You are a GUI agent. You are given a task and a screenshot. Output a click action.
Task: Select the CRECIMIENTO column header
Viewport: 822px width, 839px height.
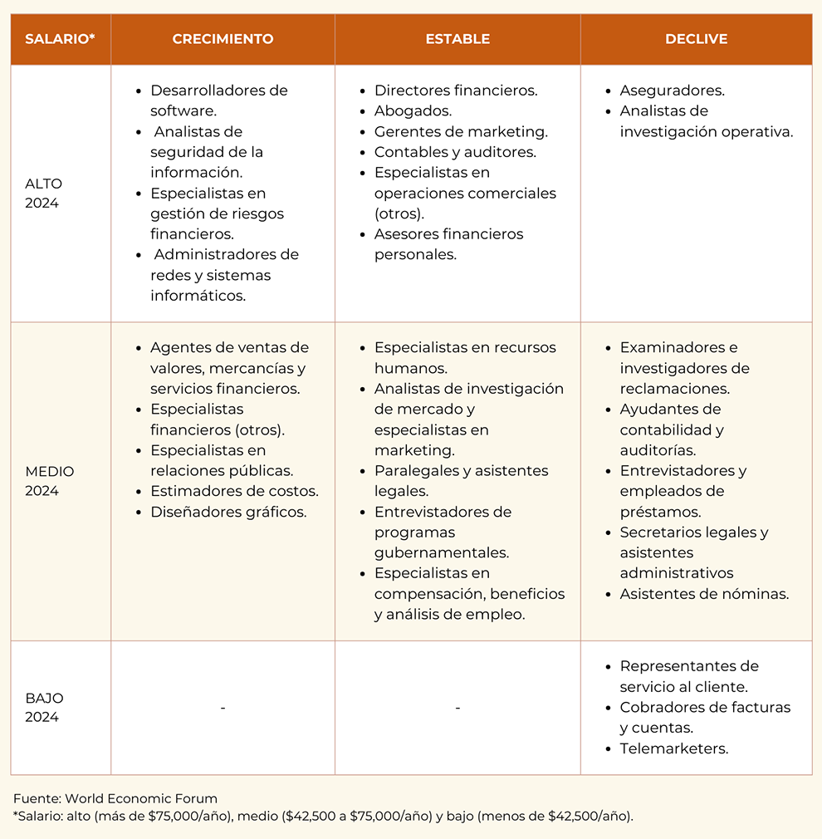pos(223,39)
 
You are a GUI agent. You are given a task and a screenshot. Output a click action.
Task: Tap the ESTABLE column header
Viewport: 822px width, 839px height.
pos(457,39)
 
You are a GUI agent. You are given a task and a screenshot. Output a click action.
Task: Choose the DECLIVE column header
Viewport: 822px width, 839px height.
pos(696,39)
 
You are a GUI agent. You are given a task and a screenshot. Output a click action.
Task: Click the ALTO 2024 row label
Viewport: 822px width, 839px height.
pos(43,194)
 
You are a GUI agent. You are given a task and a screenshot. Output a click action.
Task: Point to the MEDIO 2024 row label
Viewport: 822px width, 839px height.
pos(49,481)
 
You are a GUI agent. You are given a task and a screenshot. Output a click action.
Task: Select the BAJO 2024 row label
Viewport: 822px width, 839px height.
pos(44,708)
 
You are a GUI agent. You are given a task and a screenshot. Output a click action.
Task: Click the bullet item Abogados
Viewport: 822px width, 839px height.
pos(413,111)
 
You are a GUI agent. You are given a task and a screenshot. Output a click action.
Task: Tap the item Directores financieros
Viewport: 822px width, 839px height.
pos(456,91)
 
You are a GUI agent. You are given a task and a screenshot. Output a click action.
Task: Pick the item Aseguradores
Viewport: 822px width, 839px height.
pos(672,91)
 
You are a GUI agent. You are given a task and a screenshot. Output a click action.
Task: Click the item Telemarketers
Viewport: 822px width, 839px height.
pos(673,748)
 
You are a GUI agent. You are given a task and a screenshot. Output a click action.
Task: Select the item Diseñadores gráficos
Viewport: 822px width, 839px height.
pos(228,512)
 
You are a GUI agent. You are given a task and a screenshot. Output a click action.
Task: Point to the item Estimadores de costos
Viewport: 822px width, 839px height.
pos(234,491)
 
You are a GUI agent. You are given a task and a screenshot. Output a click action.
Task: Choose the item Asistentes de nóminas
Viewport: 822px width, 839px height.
pos(704,594)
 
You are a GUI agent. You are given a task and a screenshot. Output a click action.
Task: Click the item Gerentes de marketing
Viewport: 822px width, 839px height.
pos(461,131)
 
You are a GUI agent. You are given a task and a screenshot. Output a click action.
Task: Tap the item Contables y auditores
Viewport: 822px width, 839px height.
pos(455,152)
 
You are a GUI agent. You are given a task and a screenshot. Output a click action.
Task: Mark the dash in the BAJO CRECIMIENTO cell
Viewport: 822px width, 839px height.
pos(223,708)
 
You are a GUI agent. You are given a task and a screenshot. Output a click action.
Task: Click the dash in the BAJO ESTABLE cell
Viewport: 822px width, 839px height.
pos(457,708)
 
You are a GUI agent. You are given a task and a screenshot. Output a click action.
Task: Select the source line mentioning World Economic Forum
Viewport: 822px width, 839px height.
pos(115,799)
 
